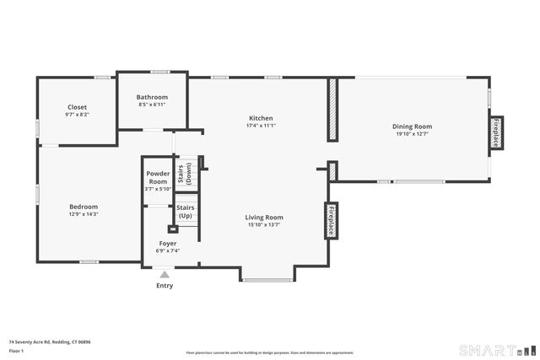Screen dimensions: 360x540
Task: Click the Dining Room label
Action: coord(412,126)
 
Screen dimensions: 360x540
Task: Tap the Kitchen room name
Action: coord(261,118)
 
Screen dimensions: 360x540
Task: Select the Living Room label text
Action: coord(264,217)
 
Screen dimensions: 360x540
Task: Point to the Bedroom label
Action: coord(84,207)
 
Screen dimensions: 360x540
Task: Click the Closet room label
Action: coord(77,107)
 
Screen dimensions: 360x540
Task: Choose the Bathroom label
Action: coord(152,97)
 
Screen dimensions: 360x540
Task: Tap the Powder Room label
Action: coord(158,179)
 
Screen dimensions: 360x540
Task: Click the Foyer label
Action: coord(168,243)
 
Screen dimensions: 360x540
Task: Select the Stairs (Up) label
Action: coord(185,212)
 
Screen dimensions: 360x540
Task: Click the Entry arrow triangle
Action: coord(165,273)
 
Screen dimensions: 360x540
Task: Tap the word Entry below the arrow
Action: coord(165,286)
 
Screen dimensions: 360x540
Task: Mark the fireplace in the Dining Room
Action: coord(495,133)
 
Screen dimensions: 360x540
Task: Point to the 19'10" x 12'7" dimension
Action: coord(412,134)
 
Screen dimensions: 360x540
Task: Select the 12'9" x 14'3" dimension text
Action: coord(84,214)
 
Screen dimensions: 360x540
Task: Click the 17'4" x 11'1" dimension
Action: coord(261,126)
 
